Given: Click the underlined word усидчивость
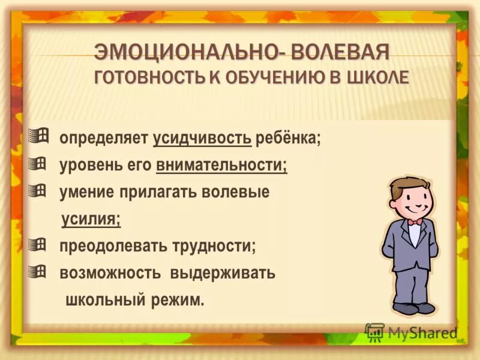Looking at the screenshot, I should click(202, 139).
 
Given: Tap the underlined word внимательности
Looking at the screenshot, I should click(221, 166).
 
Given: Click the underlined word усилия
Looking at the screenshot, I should click(91, 220).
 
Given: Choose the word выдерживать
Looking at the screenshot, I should click(223, 273).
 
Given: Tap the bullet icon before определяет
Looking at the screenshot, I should click(37, 136).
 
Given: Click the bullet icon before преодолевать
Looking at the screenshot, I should click(37, 244).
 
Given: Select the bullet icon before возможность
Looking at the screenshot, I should click(37, 271).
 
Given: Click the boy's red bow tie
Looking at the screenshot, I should click(415, 222).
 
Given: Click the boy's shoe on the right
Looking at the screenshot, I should click(425, 307).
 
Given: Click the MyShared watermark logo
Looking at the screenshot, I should click(411, 332).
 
